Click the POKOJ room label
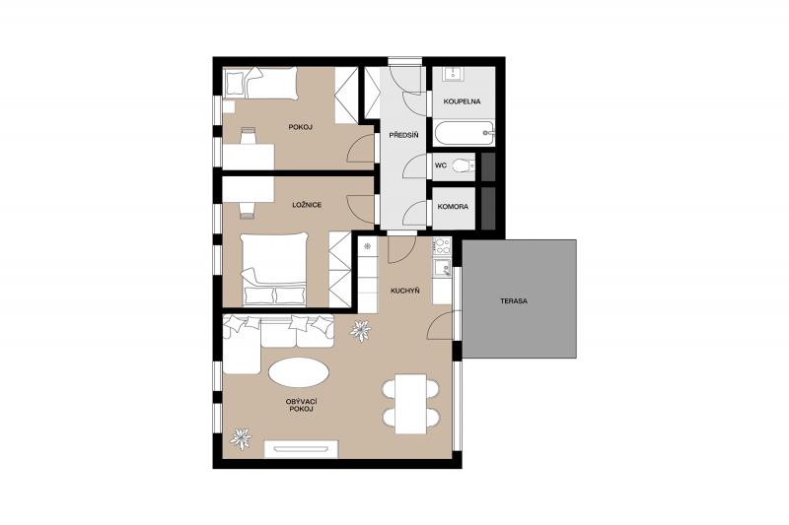(301, 127)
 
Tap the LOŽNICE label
(307, 205)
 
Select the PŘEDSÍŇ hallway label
(404, 135)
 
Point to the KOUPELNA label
(462, 101)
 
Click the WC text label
(441, 164)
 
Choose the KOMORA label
(453, 207)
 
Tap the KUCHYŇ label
(405, 291)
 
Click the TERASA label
(514, 301)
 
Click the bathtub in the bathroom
(464, 133)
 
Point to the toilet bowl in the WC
(464, 164)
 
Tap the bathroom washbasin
(456, 74)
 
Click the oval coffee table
(299, 372)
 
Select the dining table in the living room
(410, 404)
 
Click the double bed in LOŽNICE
(275, 269)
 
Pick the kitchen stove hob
(442, 246)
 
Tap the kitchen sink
(442, 268)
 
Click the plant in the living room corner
(241, 438)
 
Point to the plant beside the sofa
(360, 330)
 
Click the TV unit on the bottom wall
(302, 449)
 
